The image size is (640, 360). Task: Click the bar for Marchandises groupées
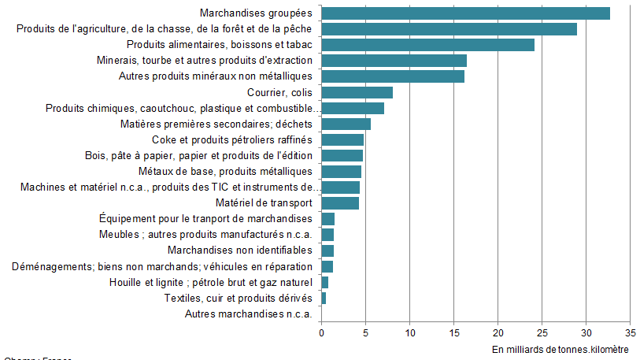[465, 13]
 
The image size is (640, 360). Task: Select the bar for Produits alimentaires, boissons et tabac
[427, 45]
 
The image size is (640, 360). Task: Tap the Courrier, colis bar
[357, 93]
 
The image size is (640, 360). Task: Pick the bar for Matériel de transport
[340, 203]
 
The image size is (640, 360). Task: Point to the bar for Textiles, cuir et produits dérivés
[324, 299]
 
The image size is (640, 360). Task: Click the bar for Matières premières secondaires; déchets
[346, 124]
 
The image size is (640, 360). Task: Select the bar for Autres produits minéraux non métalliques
[393, 76]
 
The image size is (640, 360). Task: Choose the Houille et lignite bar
[324, 283]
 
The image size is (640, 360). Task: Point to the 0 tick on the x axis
[321, 332]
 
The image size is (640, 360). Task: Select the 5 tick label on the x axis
[365, 332]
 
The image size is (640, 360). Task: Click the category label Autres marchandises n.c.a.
[249, 314]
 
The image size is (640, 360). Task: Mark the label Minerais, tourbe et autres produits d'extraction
[205, 61]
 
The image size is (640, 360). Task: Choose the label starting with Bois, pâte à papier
[198, 156]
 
